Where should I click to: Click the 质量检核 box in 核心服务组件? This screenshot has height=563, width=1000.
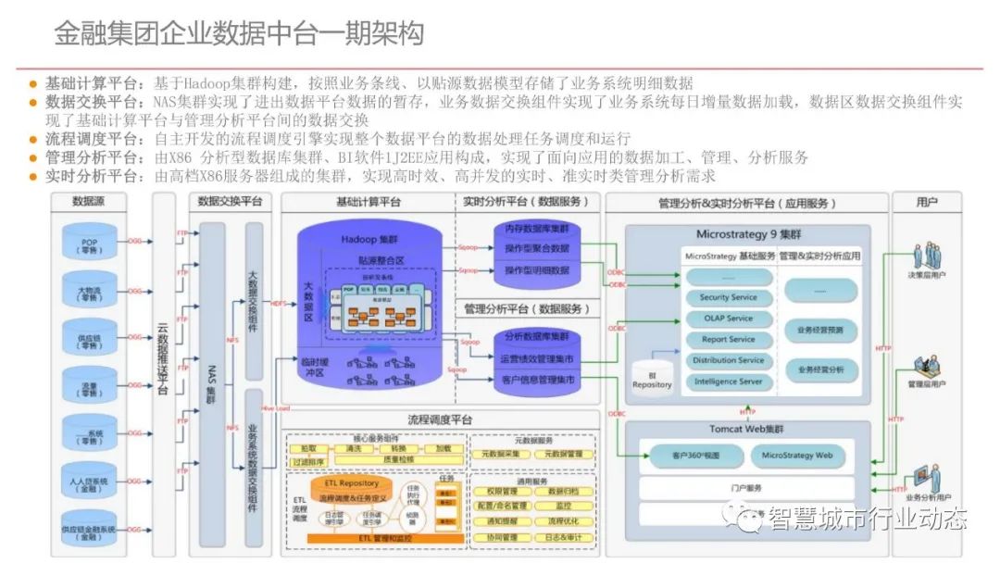[x=398, y=458]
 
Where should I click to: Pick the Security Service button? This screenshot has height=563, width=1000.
[x=728, y=297]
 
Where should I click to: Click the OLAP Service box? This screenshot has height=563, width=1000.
[x=728, y=319]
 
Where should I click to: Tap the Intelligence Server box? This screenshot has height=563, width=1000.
[x=728, y=381]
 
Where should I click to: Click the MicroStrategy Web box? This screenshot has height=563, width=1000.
[x=797, y=455]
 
